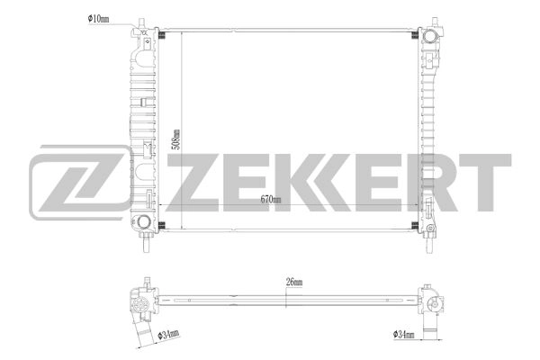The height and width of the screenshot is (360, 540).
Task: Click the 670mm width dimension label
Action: coord(270,200)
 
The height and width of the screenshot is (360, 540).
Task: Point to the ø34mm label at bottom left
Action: coord(169,334)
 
